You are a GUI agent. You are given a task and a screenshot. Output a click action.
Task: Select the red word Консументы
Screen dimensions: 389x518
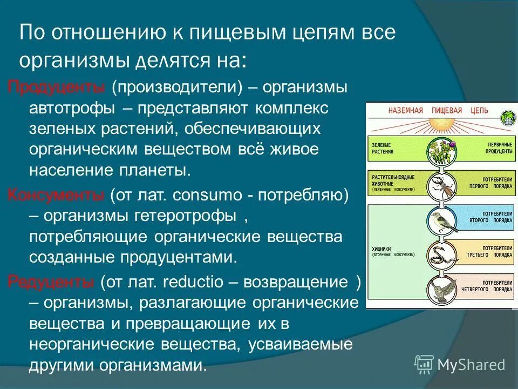(57, 195)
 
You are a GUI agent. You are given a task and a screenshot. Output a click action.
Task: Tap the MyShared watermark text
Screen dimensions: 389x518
(471, 364)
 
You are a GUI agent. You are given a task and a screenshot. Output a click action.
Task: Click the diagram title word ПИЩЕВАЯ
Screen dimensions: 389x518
(446, 110)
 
